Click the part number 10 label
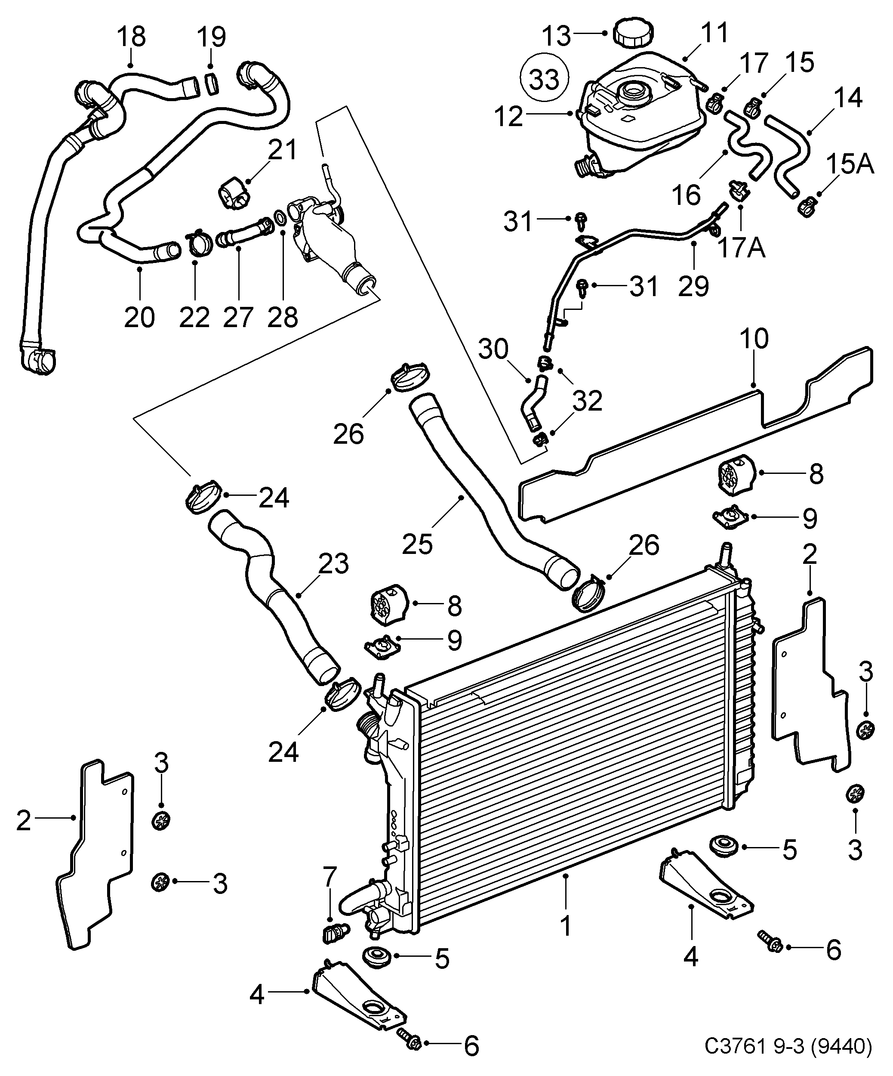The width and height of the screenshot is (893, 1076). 754,339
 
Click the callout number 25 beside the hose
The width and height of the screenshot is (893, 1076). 417,543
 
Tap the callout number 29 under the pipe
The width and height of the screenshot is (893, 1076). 693,286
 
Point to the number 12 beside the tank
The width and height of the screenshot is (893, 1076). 509,117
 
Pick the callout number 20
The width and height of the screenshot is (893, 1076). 139,318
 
